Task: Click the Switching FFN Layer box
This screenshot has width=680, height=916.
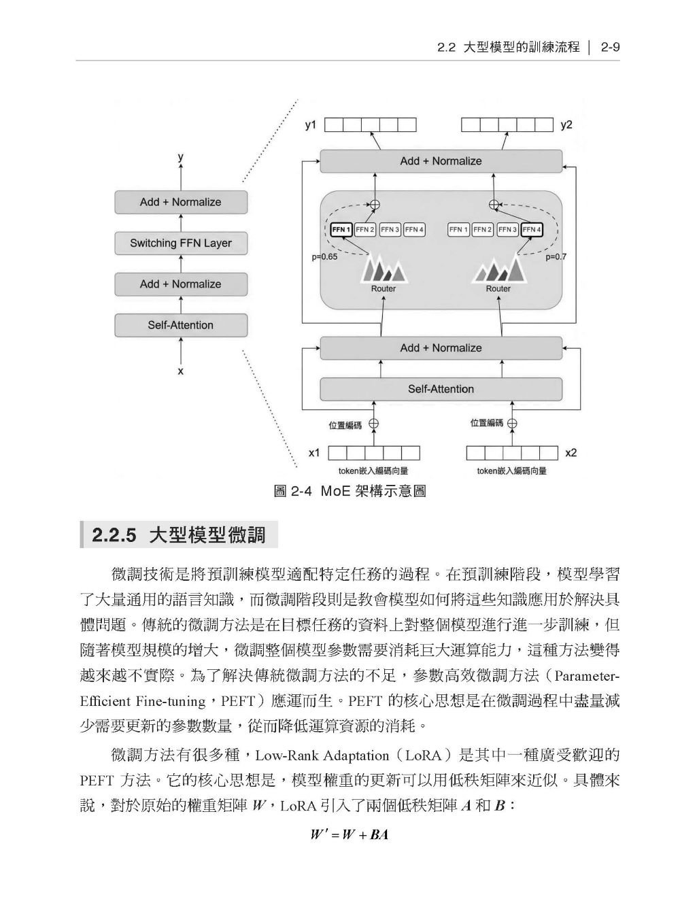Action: point(181,243)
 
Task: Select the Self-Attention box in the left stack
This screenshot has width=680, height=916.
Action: point(181,326)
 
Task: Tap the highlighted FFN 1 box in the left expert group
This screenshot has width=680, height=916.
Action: point(341,230)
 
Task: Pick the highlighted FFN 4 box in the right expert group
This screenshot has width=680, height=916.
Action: point(532,230)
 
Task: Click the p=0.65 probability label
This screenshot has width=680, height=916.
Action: point(324,257)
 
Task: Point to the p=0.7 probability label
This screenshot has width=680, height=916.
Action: point(556,257)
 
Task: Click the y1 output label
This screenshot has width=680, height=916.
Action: point(311,125)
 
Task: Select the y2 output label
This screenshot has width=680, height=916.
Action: point(566,125)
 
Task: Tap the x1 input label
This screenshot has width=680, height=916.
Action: point(314,453)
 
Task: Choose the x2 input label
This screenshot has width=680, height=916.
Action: point(571,453)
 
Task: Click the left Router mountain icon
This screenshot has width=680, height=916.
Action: point(384,269)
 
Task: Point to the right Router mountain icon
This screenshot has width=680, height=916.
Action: point(499,269)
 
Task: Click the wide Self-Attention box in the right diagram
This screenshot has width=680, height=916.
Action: point(441,389)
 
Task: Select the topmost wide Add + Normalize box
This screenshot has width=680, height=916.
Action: point(441,161)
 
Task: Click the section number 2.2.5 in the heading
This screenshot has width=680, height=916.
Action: point(114,535)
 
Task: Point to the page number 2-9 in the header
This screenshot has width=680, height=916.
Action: point(610,48)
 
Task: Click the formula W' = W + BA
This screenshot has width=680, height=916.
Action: point(350,834)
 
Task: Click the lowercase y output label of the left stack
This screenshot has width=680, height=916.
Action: point(180,157)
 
